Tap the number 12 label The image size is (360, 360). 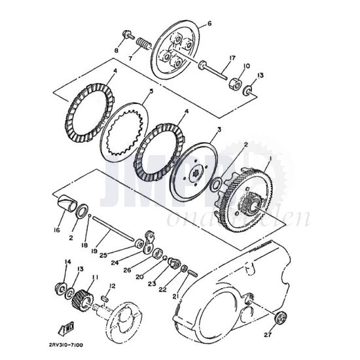point(113,285)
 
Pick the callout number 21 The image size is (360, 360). point(175,296)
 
